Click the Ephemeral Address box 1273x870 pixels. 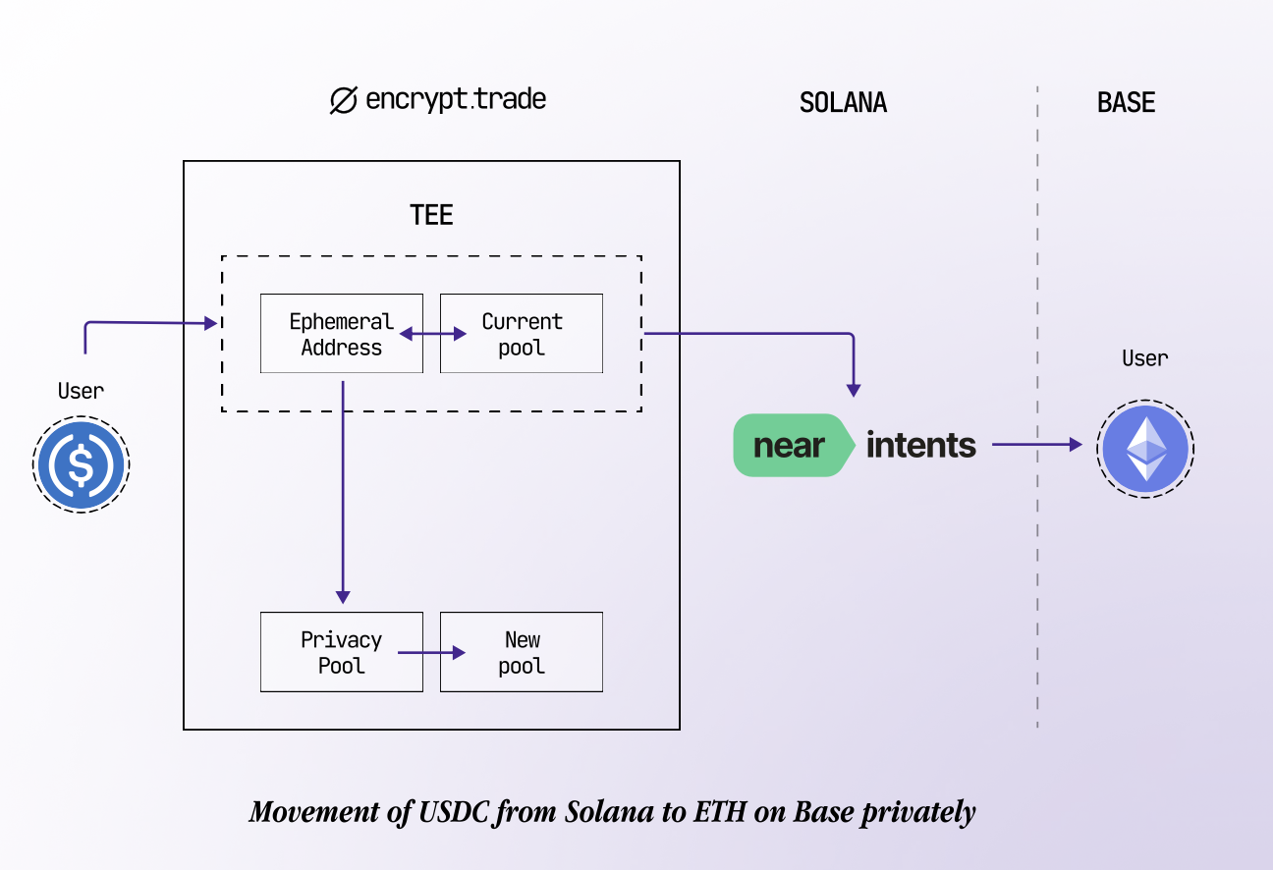pos(341,334)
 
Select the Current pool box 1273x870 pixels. pos(521,334)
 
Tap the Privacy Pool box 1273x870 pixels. pos(341,652)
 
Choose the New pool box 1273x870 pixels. pos(521,652)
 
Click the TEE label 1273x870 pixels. pos(431,216)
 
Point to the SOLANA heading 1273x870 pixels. pos(843,103)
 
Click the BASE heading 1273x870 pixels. pos(1126,103)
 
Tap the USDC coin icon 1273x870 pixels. pos(82,463)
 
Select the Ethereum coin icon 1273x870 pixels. pos(1145,448)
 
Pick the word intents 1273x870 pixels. pos(920,446)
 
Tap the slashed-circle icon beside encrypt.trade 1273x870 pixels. pos(343,101)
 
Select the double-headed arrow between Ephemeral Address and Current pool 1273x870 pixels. pos(432,335)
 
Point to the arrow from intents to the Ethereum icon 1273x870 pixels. pos(1036,445)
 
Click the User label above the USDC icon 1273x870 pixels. pos(81,391)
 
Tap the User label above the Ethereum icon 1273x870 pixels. pos(1145,358)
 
